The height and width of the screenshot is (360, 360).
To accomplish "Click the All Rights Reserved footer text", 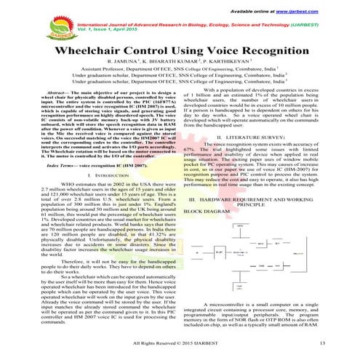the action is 180,340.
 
